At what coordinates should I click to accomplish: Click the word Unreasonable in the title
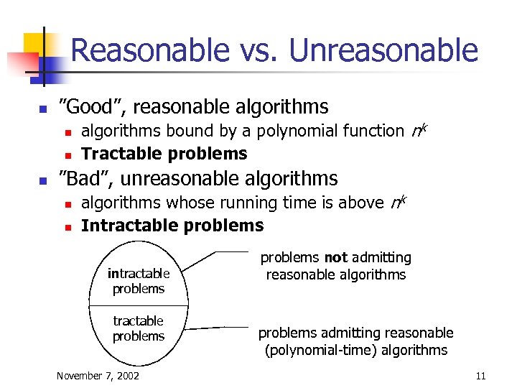point(383,50)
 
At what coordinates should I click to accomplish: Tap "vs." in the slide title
point(259,50)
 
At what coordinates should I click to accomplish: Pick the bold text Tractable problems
point(164,153)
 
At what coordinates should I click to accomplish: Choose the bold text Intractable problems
point(172,226)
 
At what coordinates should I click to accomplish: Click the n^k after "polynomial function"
point(420,129)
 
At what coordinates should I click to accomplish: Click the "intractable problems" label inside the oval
point(139,281)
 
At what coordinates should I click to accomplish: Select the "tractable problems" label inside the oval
point(139,328)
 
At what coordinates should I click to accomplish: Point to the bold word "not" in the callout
point(335,257)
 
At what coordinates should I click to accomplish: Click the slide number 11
point(480,376)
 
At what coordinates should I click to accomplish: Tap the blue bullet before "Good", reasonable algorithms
point(42,109)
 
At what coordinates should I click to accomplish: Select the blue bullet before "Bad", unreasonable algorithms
point(42,180)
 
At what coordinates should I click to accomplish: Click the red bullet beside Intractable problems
point(66,227)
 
